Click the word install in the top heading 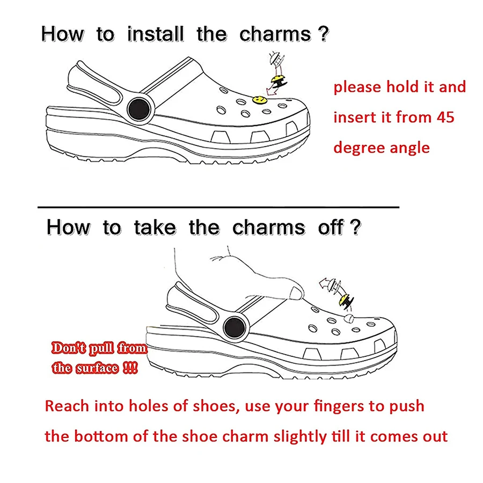click(x=156, y=34)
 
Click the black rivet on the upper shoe click(x=138, y=109)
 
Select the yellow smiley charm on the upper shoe click(x=259, y=100)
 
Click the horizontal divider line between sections click(x=219, y=206)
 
